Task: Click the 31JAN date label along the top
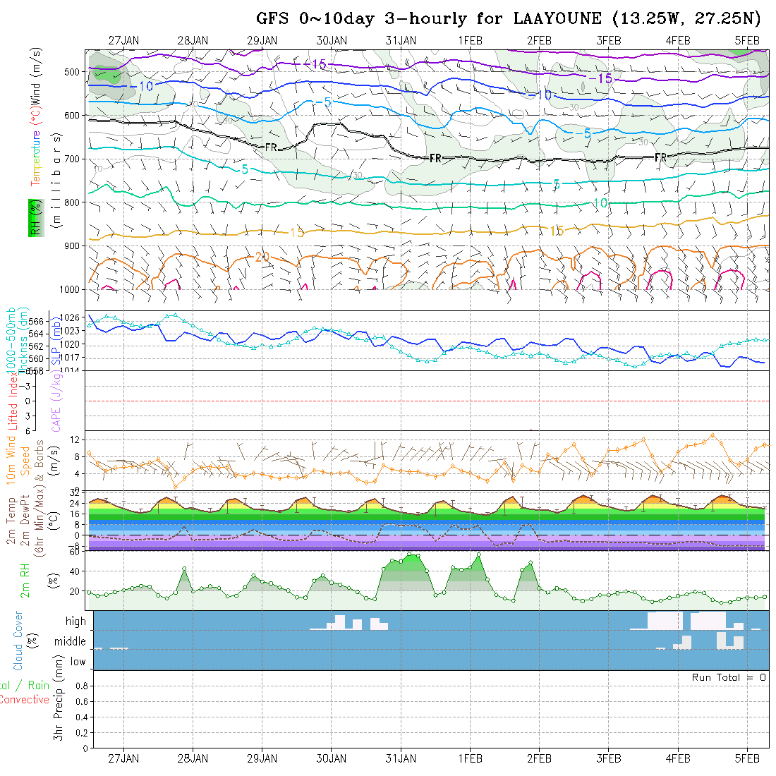click(401, 40)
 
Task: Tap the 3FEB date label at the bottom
click(609, 758)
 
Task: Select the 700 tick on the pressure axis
click(73, 159)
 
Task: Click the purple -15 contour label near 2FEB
click(605, 78)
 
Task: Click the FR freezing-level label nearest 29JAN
click(271, 147)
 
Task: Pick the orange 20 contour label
click(262, 257)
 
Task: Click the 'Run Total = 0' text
click(729, 677)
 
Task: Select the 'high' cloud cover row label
click(75, 622)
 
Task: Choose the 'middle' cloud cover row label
click(71, 642)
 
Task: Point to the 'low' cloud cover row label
click(78, 662)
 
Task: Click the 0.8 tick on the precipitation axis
click(80, 686)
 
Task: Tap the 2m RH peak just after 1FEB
click(479, 554)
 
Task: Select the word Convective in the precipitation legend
click(25, 700)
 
